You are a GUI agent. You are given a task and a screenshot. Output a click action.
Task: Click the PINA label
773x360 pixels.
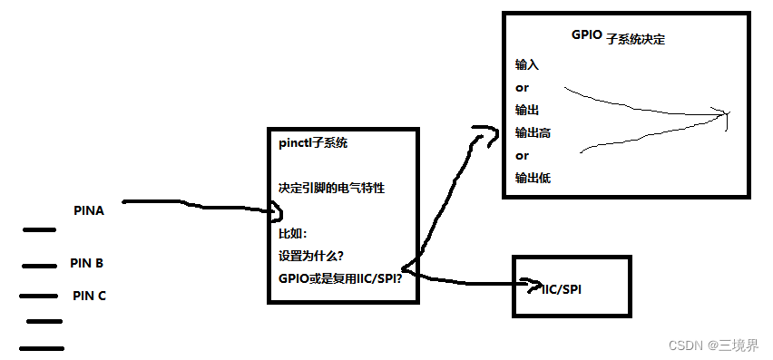[89, 210]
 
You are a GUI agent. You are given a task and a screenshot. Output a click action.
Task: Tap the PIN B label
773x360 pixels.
[86, 264]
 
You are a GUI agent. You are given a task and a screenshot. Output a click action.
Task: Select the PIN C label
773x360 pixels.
[90, 296]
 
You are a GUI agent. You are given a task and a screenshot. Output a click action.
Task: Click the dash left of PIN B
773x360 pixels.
[38, 266]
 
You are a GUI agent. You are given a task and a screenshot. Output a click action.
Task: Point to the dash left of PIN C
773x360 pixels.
[37, 296]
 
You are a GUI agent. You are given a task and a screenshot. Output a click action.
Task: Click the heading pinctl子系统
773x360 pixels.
[314, 143]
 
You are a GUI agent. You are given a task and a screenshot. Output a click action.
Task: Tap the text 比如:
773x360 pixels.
[293, 233]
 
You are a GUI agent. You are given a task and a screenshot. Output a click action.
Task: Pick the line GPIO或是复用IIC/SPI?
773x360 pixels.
[340, 277]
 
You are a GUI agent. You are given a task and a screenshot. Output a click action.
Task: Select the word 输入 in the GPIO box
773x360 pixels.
[526, 65]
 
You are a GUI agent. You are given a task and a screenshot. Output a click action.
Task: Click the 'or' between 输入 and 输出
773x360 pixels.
[522, 88]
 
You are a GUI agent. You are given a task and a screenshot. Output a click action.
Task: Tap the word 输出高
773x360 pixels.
[533, 132]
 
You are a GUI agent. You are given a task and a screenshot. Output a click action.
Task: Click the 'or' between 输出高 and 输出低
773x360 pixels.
[522, 155]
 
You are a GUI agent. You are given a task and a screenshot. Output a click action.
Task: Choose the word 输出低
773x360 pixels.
[533, 178]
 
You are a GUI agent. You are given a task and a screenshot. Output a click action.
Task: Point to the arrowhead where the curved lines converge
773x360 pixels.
[724, 115]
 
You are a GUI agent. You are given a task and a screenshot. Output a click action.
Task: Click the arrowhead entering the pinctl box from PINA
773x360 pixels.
[278, 213]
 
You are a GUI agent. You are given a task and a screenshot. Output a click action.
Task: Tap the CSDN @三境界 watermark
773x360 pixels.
[713, 345]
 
